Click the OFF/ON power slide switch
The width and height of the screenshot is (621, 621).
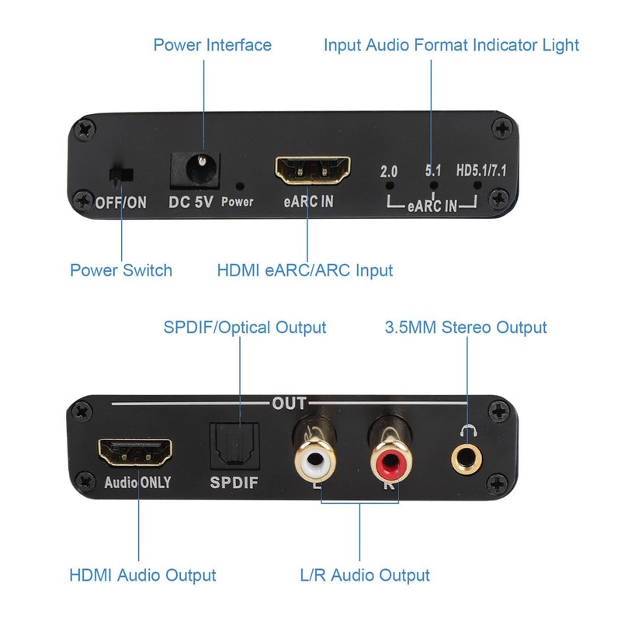pyautogui.click(x=120, y=175)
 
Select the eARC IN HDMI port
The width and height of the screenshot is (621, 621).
pyautogui.click(x=312, y=168)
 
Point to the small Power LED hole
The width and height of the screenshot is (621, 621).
pyautogui.click(x=240, y=186)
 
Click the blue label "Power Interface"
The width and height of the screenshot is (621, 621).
pyautogui.click(x=212, y=45)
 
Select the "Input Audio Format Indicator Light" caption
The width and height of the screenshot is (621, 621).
pyautogui.click(x=451, y=45)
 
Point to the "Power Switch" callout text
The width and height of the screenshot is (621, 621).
pyautogui.click(x=121, y=270)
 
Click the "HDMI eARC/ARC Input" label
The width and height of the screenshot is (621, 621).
pyautogui.click(x=305, y=270)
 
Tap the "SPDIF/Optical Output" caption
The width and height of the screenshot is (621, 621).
pyautogui.click(x=245, y=328)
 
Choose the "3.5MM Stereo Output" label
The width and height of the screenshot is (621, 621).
pyautogui.click(x=466, y=328)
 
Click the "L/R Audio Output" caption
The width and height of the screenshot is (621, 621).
pyautogui.click(x=364, y=575)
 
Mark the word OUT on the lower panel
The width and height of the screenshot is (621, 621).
pyautogui.click(x=288, y=404)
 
